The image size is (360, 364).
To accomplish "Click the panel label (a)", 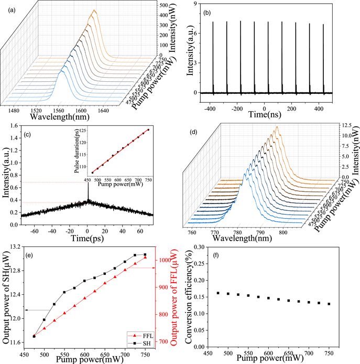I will pyautogui.click(x=9, y=9).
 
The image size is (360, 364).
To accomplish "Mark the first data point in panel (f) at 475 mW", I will pyautogui.click(x=217, y=293).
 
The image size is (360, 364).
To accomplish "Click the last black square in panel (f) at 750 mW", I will pyautogui.click(x=329, y=304).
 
